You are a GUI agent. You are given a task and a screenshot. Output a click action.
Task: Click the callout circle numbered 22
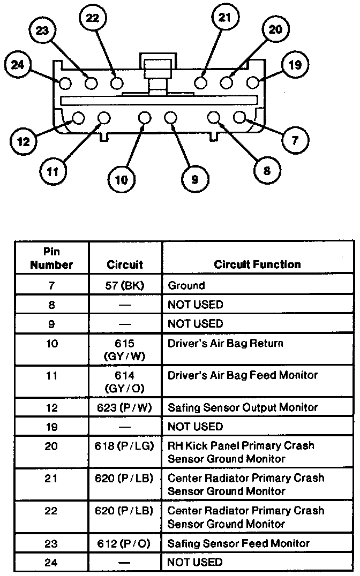pos(93,18)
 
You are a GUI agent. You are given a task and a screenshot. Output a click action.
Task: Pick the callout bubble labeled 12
pos(24,142)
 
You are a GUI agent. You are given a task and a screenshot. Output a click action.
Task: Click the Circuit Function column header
pos(257,264)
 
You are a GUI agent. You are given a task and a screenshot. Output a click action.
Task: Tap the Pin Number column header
pos(51,258)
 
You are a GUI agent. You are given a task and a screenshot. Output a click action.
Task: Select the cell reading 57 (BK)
pos(125,286)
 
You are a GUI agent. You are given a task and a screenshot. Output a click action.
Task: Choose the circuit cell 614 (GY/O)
pos(125,382)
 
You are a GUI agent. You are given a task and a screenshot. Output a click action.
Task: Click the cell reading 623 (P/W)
pos(125,407)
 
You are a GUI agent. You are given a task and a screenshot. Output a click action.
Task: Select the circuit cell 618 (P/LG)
pos(125,446)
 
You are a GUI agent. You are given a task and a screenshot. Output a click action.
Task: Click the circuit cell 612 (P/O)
pos(125,543)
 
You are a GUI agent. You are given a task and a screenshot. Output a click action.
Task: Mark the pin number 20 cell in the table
pos(51,446)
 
